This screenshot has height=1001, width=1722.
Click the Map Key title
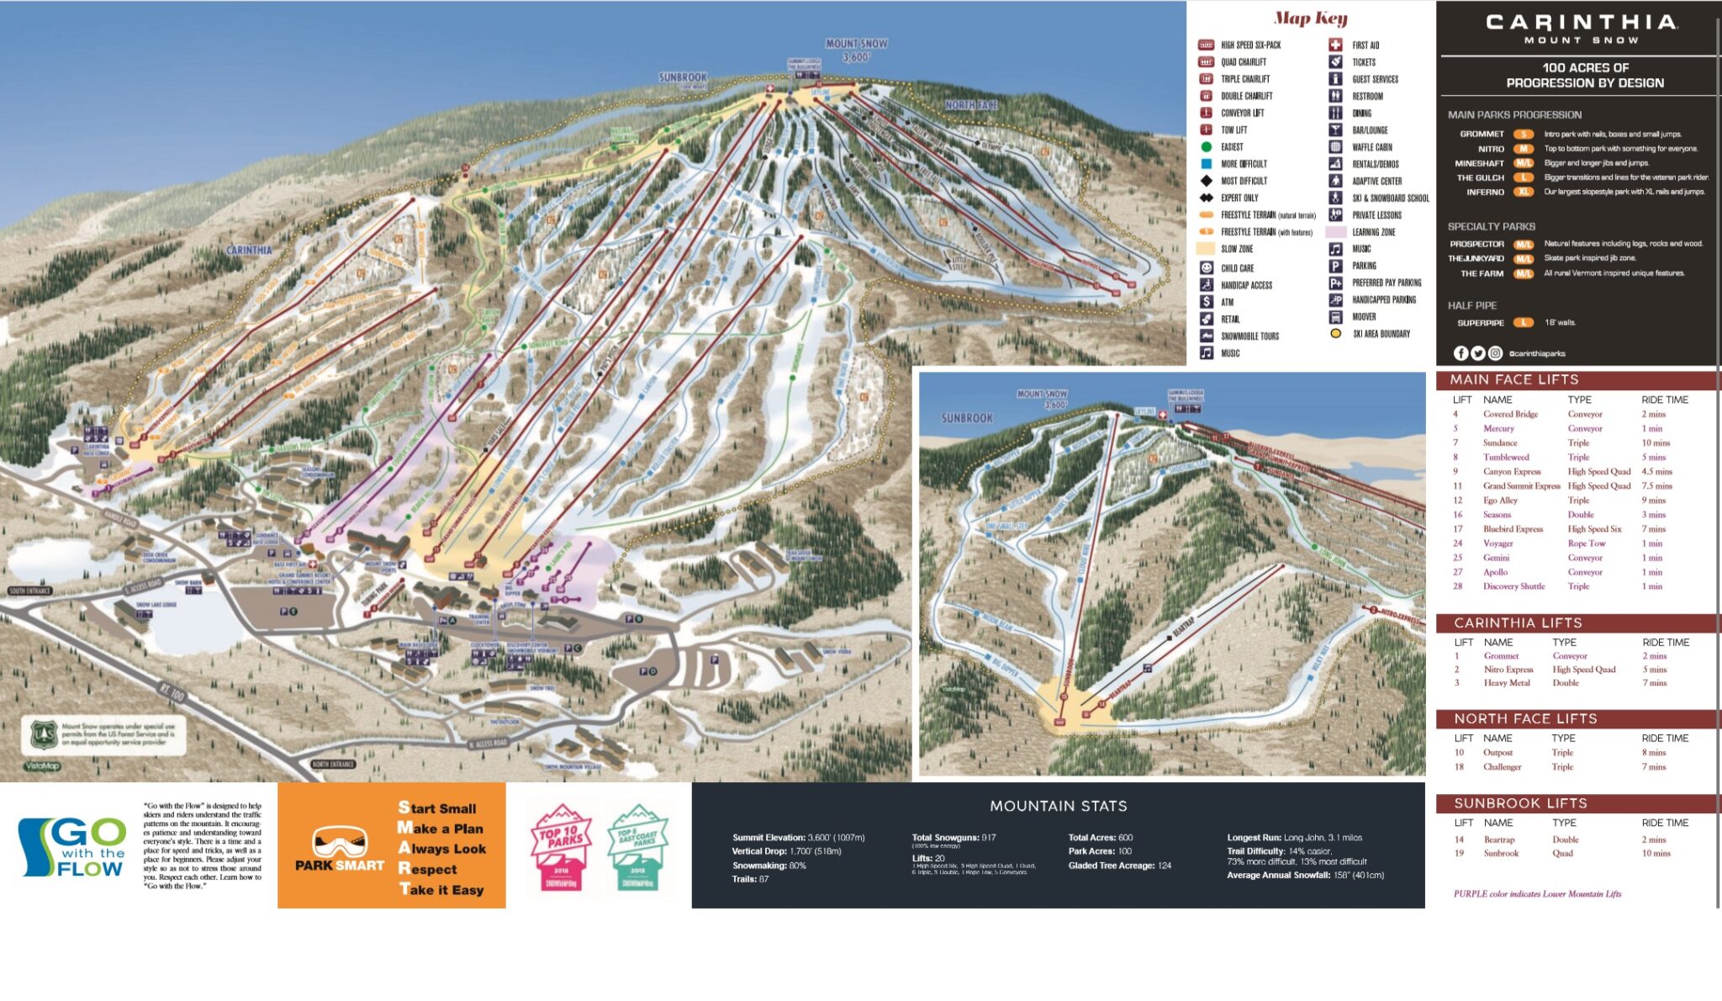point(1310,19)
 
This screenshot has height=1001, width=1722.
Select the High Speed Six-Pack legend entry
point(1250,45)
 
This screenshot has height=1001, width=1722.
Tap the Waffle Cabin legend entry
point(1371,147)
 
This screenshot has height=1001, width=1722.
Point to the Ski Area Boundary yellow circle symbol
point(1335,334)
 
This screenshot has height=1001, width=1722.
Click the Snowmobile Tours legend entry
point(1249,336)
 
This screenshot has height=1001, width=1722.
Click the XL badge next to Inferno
point(1524,193)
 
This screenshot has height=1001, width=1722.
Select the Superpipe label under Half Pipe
point(1481,323)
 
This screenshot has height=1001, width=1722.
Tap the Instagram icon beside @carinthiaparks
point(1495,353)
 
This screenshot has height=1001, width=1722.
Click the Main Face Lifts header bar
point(1577,380)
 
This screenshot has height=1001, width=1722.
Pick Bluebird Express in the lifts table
point(1513,529)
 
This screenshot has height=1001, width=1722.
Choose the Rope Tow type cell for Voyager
point(1586,543)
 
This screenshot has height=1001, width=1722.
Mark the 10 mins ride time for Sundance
point(1656,443)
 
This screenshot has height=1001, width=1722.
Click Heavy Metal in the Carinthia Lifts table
point(1507,683)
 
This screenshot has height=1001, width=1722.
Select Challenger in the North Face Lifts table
point(1502,767)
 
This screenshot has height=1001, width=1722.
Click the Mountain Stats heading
point(1058,806)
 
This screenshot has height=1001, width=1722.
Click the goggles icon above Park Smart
point(340,841)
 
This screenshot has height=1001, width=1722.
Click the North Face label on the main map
point(970,105)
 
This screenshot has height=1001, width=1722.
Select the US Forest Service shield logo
point(43,734)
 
